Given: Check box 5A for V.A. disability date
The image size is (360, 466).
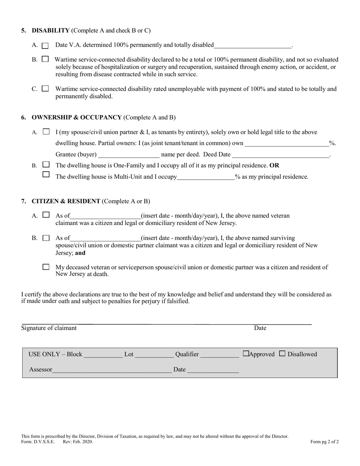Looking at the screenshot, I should coord(45,45).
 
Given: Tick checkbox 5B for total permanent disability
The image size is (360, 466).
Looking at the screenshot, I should coord(45,59).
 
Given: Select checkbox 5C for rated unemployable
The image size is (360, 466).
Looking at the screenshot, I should coord(45,89).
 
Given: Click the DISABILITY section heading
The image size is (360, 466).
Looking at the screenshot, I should coord(51,30).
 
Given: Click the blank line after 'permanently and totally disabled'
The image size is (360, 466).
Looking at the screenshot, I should coord(253,45).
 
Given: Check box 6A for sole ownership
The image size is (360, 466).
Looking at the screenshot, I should coord(46,132).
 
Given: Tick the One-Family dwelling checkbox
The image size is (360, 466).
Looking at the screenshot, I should coord(46,165).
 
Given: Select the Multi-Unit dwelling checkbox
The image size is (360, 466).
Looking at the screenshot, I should coord(46,175).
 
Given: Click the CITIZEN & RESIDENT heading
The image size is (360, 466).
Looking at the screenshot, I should coord(66,201).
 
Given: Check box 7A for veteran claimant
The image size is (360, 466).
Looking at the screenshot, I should coord(46,215).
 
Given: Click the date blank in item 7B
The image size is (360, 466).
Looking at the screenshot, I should coord(105,238).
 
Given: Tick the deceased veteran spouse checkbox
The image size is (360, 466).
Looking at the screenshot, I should coord(46,267).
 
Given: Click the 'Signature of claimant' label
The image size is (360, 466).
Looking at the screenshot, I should coord(49,328).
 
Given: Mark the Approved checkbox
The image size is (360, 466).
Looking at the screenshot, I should coord(246,354).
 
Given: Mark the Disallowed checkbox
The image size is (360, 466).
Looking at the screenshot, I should coord(282,354).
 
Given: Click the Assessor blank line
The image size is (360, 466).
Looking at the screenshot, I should coord(112,370).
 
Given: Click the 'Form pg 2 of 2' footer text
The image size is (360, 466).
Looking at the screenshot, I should coord(324,441).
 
